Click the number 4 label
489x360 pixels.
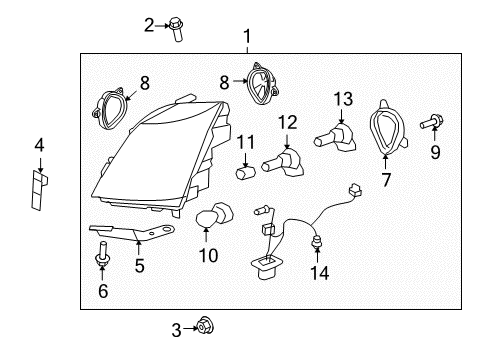point(39,146)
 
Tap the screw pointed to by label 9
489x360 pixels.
point(434,123)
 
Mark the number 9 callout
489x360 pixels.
point(435,153)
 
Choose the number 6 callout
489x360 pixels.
point(102,291)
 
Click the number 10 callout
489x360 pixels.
point(208,256)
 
